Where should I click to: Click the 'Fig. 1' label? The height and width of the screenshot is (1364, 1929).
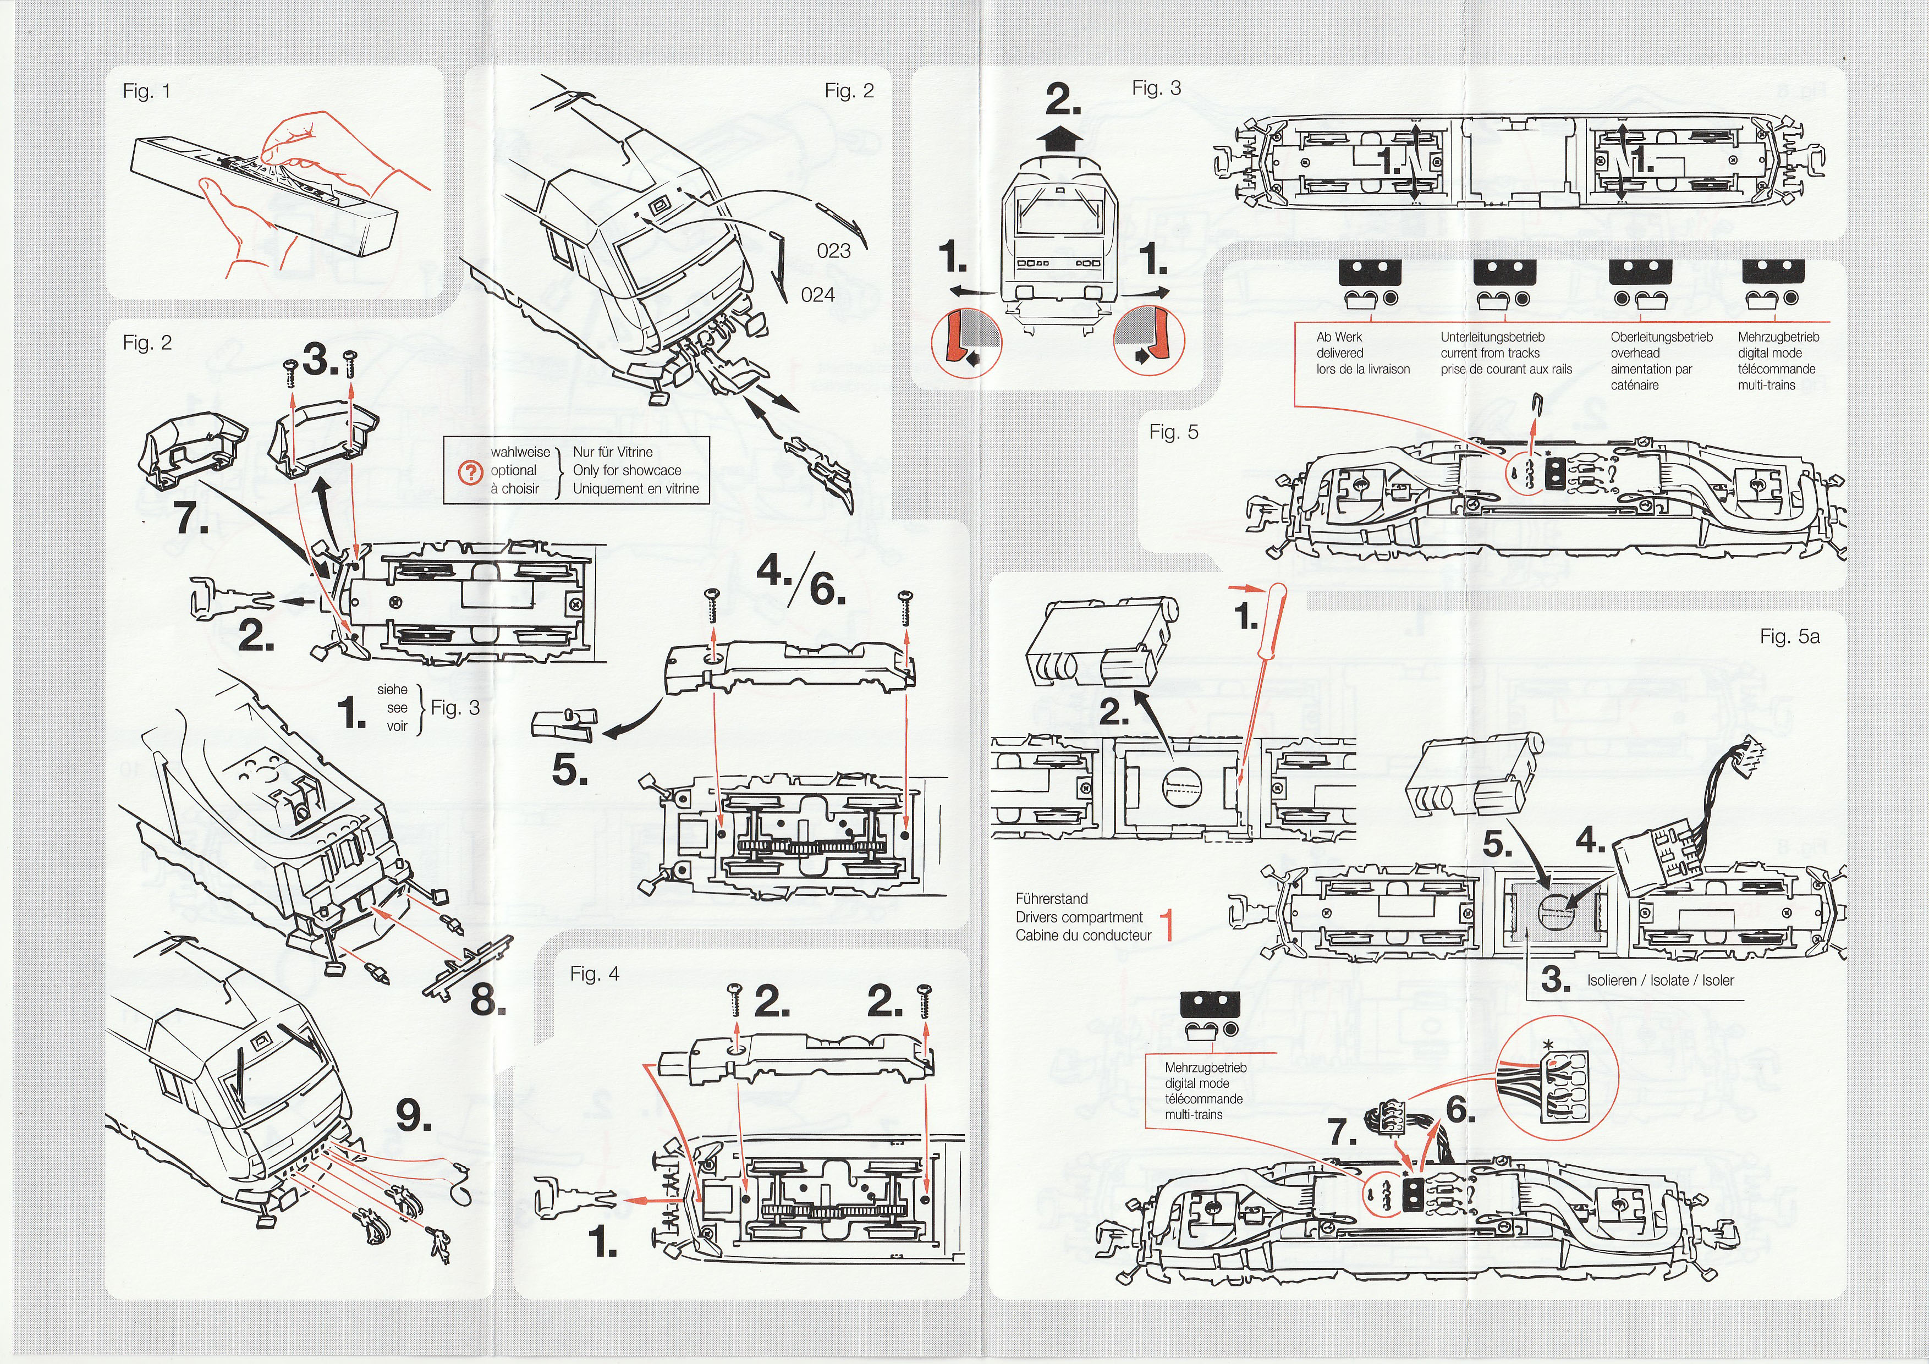146,91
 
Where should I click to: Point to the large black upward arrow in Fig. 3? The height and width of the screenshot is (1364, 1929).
1063,137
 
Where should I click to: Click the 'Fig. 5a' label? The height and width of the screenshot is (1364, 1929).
1789,637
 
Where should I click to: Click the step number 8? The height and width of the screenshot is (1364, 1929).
487,999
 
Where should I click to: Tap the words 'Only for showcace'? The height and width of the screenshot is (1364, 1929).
626,470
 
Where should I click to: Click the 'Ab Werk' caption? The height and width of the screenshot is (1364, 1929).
1339,337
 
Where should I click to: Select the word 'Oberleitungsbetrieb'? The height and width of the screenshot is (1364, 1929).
1661,337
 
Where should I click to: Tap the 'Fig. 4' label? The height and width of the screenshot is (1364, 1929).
594,974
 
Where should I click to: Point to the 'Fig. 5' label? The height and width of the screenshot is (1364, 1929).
1174,432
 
